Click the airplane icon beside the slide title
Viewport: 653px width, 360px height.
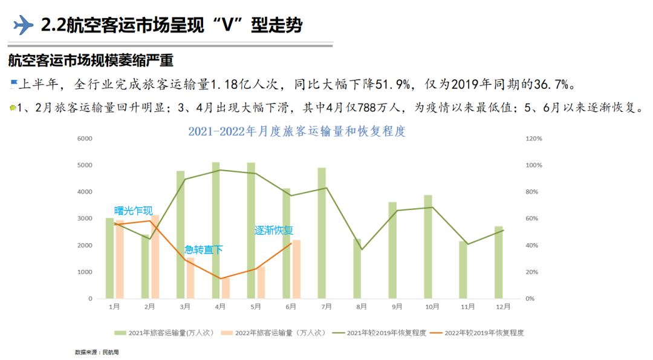click(x=23, y=24)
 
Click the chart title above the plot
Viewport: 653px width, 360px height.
click(x=296, y=131)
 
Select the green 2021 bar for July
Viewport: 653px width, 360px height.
click(x=322, y=233)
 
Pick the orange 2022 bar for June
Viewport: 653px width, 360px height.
click(x=296, y=269)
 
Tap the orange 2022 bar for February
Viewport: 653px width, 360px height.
click(x=155, y=257)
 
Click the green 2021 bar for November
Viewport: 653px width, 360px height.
click(x=463, y=270)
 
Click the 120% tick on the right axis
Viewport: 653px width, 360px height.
click(x=534, y=139)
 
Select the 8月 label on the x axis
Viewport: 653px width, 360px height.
click(x=362, y=307)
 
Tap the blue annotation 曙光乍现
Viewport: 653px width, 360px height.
click(x=134, y=211)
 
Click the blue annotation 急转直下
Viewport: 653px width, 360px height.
click(x=204, y=249)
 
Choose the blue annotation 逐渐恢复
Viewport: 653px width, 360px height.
click(x=273, y=230)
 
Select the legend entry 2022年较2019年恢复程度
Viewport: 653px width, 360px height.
click(x=484, y=332)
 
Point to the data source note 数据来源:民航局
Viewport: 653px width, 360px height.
click(x=97, y=352)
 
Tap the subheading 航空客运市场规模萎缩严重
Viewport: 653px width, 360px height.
click(x=91, y=61)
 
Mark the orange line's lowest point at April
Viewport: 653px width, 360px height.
click(x=220, y=279)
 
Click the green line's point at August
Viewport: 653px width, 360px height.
click(x=362, y=249)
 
